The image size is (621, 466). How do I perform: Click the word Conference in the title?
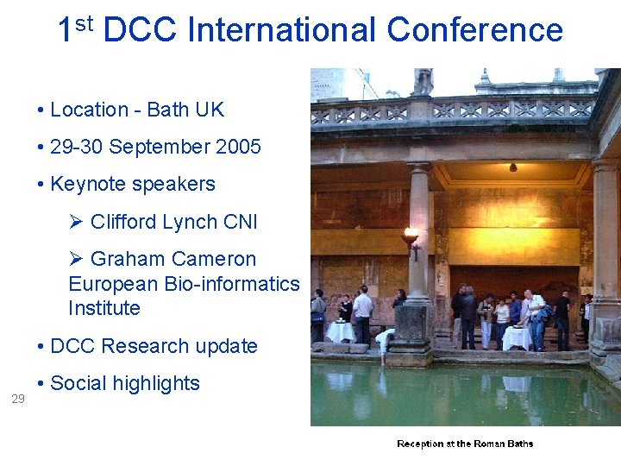pyautogui.click(x=475, y=31)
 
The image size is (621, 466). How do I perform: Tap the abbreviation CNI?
pyautogui.click(x=240, y=222)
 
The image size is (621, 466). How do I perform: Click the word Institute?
pyautogui.click(x=104, y=308)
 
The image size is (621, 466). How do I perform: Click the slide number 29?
pyautogui.click(x=18, y=399)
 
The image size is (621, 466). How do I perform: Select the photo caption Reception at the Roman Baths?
pyautogui.click(x=465, y=444)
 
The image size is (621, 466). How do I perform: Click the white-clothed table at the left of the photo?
pyautogui.click(x=341, y=332)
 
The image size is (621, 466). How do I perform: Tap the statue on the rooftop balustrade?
pyautogui.click(x=422, y=82)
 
